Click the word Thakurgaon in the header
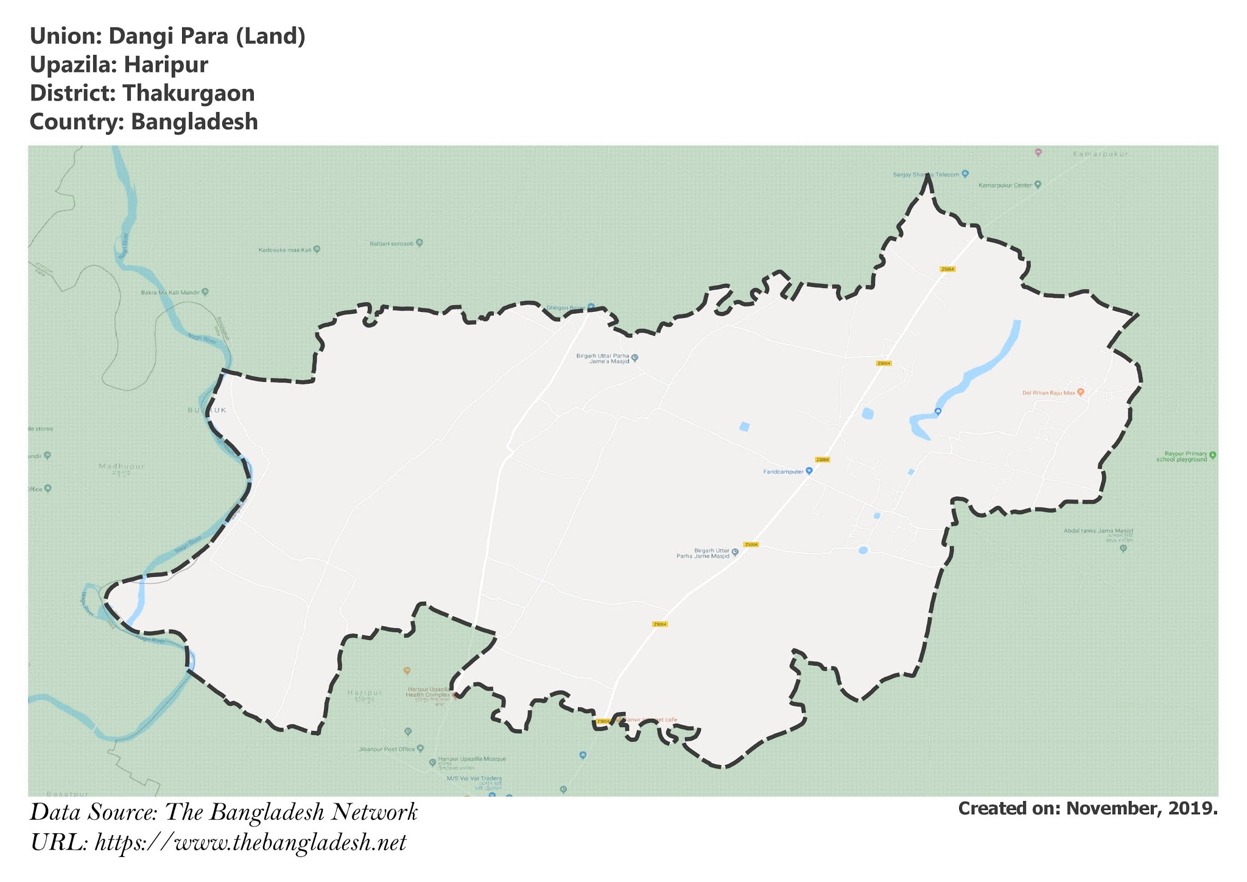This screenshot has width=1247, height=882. click(188, 93)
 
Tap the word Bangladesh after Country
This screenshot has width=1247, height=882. click(194, 122)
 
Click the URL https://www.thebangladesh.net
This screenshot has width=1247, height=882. click(250, 843)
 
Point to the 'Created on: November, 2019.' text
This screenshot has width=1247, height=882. click(1087, 809)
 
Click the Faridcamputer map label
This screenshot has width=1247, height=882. click(784, 471)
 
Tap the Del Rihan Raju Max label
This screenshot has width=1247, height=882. click(1049, 393)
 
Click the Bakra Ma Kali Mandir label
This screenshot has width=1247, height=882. click(170, 292)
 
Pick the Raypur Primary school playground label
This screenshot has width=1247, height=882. click(1181, 456)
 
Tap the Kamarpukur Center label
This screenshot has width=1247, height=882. click(1005, 185)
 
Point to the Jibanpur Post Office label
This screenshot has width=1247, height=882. click(387, 749)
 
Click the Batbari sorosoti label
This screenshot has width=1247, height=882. click(392, 244)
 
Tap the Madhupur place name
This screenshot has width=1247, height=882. click(121, 467)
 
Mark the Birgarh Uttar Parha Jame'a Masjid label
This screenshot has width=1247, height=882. click(603, 358)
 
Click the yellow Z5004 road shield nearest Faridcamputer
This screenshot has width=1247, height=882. click(822, 459)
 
